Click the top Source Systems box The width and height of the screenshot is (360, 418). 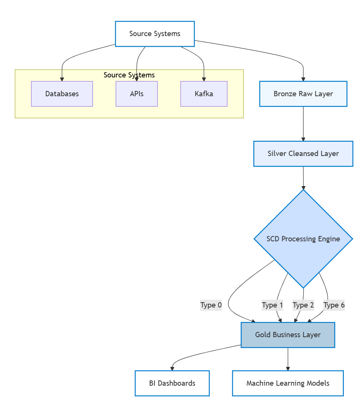[155, 34]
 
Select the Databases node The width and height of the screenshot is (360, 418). [62, 94]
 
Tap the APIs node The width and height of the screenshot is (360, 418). [137, 94]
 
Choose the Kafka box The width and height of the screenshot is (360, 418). [204, 94]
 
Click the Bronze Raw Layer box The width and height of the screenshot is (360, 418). [303, 94]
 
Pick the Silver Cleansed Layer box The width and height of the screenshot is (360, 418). [303, 153]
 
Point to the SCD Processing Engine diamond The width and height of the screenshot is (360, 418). [303, 239]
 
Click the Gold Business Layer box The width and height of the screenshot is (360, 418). [288, 335]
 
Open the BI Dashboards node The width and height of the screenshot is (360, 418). [172, 383]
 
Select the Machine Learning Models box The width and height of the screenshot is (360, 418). [288, 383]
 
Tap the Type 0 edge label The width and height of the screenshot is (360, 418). [211, 305]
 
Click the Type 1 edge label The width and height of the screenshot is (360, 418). [272, 305]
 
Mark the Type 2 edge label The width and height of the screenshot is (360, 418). [303, 305]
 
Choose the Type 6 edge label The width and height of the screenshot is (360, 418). [334, 305]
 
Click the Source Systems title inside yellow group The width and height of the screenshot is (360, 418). [129, 75]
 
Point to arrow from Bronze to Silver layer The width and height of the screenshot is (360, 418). [303, 124]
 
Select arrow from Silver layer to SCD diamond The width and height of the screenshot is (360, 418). [303, 177]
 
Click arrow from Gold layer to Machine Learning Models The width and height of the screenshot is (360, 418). [288, 359]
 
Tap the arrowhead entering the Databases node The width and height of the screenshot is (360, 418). [62, 79]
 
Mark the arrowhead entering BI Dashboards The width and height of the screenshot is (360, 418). [172, 368]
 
